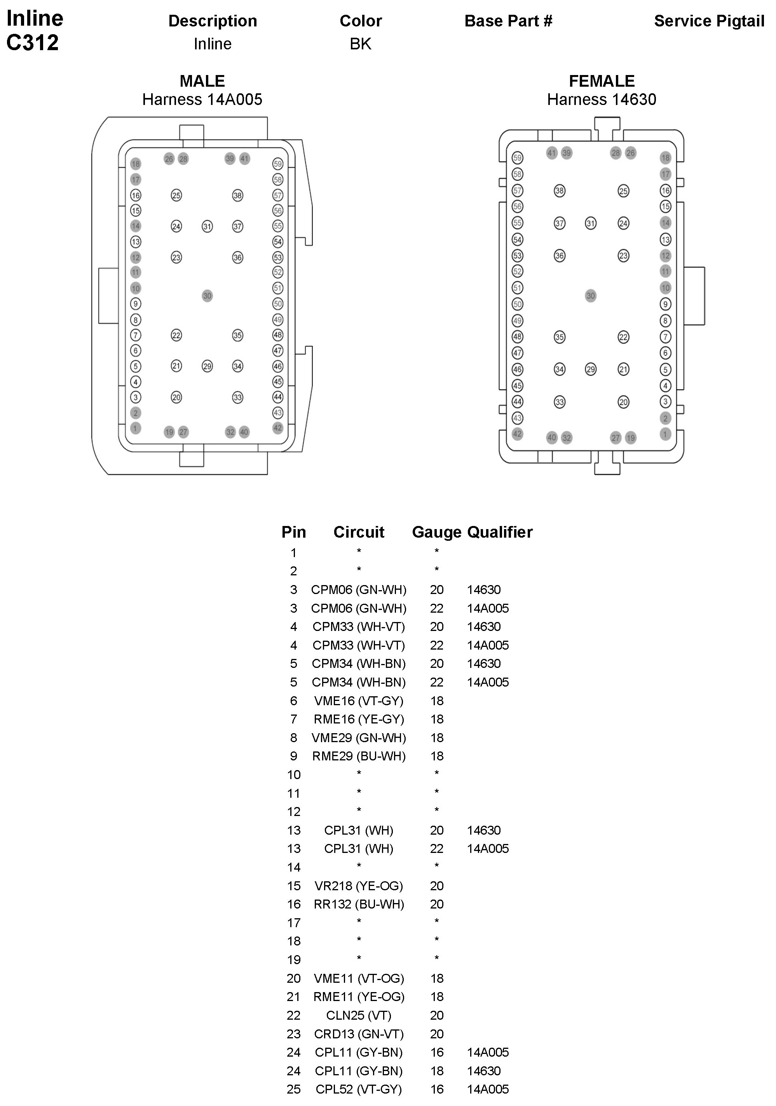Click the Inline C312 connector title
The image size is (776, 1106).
pos(34,30)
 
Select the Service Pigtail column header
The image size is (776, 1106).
pos(709,21)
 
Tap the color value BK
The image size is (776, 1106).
pos(360,44)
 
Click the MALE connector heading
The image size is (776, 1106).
pos(202,81)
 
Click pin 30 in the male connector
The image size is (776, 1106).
pos(207,296)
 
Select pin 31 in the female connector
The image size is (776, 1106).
pos(591,223)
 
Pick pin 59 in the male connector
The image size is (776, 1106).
pos(278,164)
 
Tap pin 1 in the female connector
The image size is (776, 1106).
pos(665,434)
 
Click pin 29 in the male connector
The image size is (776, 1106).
pos(207,366)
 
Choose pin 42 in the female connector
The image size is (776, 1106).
pos(517,433)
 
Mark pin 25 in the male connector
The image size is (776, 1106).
pos(176,195)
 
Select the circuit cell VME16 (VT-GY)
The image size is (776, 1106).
pos(359,701)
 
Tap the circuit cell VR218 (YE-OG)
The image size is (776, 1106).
pos(359,886)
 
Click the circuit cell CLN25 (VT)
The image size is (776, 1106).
pos(359,1015)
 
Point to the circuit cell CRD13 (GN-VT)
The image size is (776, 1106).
pos(359,1034)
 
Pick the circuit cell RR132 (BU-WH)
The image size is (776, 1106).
pos(359,904)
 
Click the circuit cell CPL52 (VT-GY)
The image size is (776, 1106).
pos(359,1089)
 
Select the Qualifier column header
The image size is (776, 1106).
pos(500,532)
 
